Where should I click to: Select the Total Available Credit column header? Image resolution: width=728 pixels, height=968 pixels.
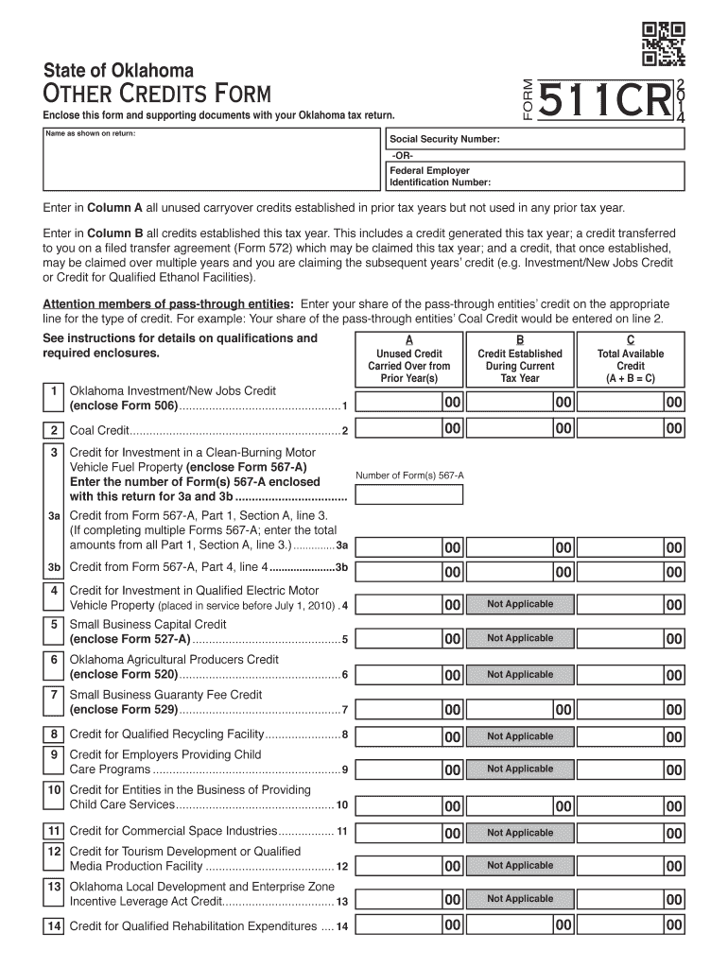point(631,366)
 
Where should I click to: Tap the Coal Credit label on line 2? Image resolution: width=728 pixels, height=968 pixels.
point(98,431)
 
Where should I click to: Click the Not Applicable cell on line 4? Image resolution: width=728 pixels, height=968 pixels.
point(519,605)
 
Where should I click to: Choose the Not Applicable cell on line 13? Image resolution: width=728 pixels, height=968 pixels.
point(519,899)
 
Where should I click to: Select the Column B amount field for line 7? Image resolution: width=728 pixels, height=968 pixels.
point(519,709)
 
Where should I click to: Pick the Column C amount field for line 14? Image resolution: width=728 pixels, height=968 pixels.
point(631,925)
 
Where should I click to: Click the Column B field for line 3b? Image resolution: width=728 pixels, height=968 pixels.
point(519,571)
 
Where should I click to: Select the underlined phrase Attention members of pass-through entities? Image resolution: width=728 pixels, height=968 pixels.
point(166,304)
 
